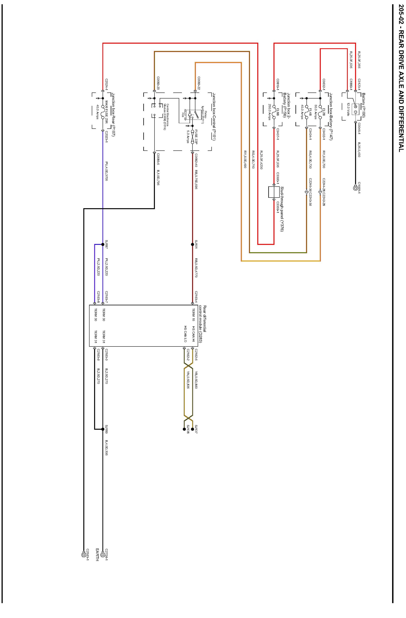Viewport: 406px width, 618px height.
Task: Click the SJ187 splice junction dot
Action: tap(103, 244)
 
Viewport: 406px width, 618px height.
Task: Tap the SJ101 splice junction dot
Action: tap(192, 244)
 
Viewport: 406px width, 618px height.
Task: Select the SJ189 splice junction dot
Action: tap(103, 429)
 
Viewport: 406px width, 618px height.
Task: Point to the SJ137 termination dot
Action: tap(192, 429)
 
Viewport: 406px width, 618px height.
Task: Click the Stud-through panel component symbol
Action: tap(274, 192)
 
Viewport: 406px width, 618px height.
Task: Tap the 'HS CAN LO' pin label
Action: tap(185, 334)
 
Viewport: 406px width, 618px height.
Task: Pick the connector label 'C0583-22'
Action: tap(199, 83)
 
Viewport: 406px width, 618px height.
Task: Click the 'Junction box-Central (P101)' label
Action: tap(214, 117)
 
